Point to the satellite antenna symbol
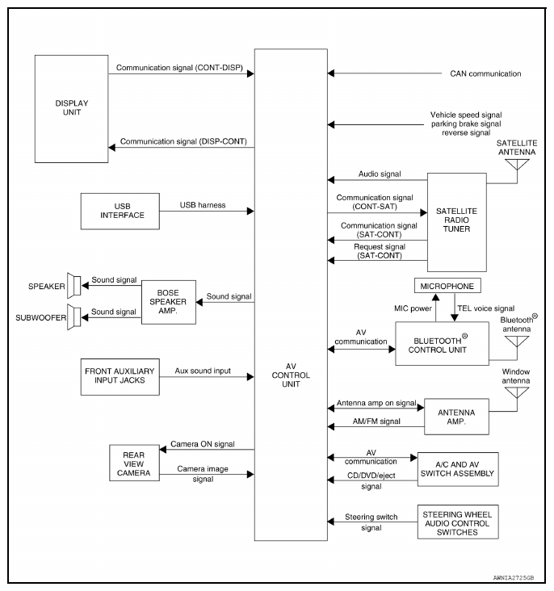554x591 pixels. pos(517,165)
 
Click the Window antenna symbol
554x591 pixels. pos(517,392)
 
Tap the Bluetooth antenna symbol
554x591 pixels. pos(517,341)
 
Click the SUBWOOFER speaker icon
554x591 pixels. pos(74,317)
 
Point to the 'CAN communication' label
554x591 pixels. pos(485,73)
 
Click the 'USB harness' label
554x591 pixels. pos(203,205)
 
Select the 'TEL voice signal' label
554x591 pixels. pos(485,308)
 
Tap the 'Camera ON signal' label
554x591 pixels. pos(203,443)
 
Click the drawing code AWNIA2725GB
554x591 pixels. pos(514,578)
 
